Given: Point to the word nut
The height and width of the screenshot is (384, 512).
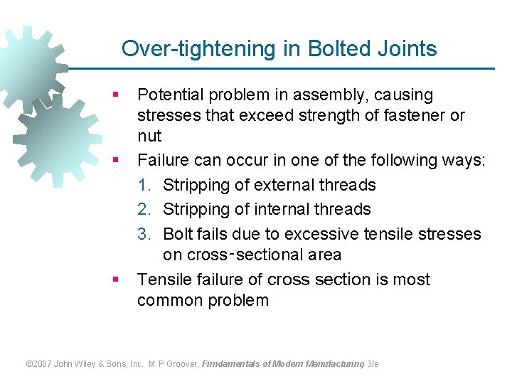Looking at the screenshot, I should click(x=149, y=136).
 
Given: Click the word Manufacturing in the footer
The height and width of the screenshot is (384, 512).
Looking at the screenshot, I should click(x=334, y=363).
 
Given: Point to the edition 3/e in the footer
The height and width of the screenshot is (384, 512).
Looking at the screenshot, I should click(x=373, y=363).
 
